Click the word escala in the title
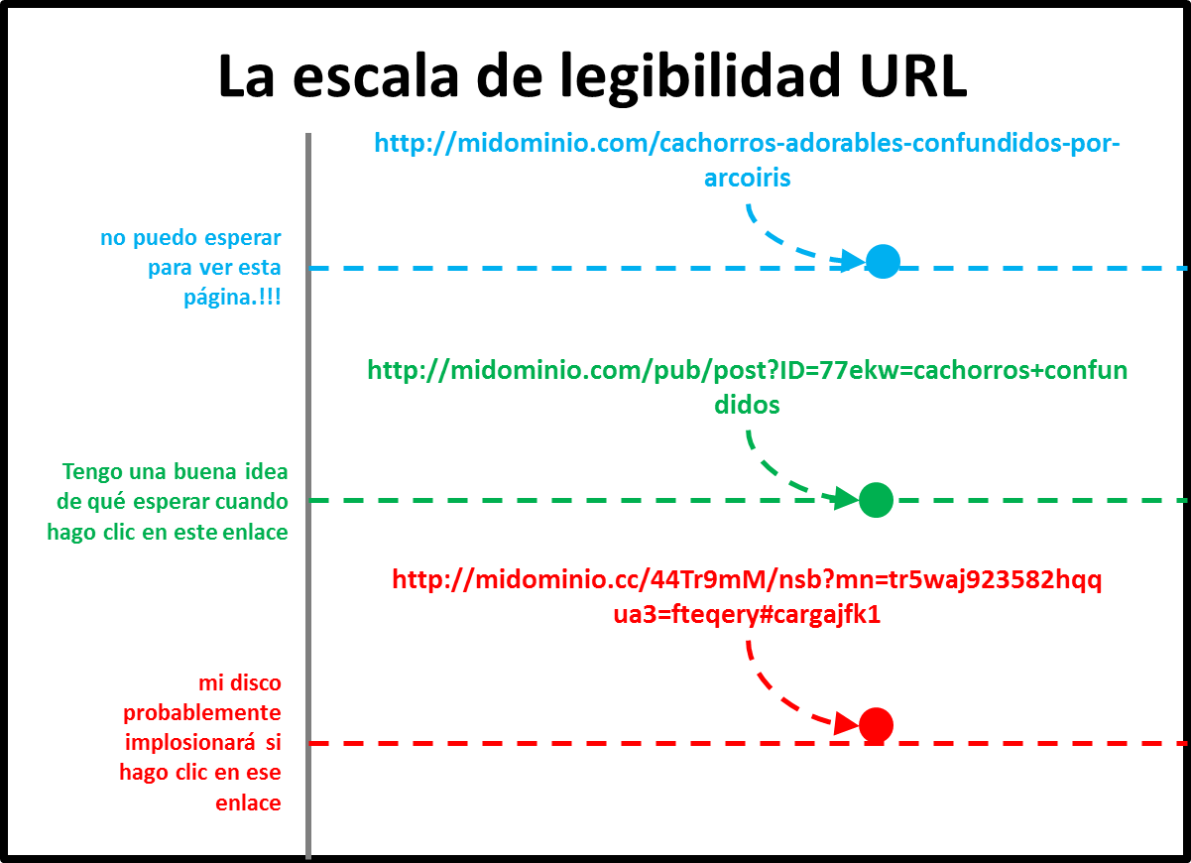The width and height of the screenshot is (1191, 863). (378, 77)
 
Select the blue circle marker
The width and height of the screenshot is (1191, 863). (882, 261)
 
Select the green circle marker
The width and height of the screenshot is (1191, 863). (876, 500)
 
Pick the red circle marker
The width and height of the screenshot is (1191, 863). (876, 725)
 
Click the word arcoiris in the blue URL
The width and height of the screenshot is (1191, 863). (748, 178)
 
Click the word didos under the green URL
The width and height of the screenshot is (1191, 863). (748, 405)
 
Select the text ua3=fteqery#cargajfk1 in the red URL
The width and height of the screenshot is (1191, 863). (747, 614)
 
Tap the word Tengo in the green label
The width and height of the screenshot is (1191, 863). (91, 471)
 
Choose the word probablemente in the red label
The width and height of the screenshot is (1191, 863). (202, 712)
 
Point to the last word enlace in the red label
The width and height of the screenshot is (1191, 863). (248, 802)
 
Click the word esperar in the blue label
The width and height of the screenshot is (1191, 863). (242, 238)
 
